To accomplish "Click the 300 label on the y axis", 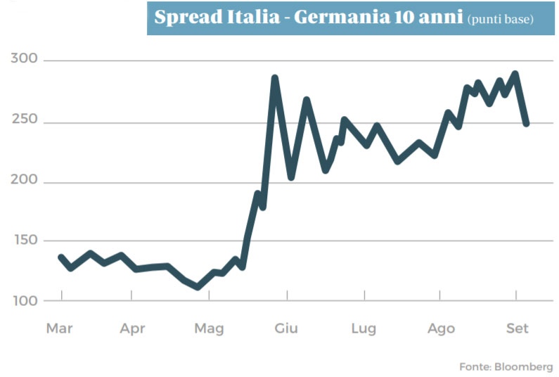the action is tap(24, 58).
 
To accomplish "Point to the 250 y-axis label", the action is tap(25, 119).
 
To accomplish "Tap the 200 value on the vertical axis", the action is tap(24, 179).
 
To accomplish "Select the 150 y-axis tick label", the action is tap(26, 240).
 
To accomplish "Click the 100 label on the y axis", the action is tap(25, 301).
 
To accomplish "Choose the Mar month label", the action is tap(59, 328).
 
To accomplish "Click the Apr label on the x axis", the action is tap(132, 328).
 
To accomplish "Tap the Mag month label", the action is tap(209, 328).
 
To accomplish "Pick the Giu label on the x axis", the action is tap(286, 328).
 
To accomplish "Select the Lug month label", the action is tap(364, 328).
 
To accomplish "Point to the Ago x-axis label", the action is tap(441, 328).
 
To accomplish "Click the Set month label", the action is tap(518, 328).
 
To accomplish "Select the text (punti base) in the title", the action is tap(501, 19).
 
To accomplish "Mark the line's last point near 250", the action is tap(526, 123).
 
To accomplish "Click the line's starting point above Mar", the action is tap(61, 257).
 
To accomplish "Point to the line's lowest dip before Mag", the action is tap(198, 287).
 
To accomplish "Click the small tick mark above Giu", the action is tap(287, 295).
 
